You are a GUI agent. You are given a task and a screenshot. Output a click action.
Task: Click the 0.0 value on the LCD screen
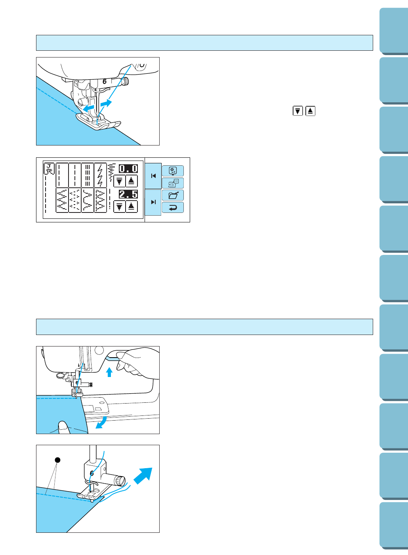(x=128, y=168)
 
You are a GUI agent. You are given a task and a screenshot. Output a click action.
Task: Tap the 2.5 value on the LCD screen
(x=128, y=194)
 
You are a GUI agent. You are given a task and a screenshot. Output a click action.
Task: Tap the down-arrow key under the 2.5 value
(x=119, y=207)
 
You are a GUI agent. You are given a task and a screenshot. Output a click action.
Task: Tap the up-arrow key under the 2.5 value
(x=132, y=207)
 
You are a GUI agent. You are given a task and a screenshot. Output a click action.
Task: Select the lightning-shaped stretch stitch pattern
(x=100, y=175)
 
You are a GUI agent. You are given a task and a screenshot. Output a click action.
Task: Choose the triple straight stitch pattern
(x=88, y=175)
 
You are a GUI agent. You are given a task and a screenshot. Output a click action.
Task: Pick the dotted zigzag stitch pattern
(x=75, y=200)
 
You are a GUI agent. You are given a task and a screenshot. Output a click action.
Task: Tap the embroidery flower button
(x=173, y=171)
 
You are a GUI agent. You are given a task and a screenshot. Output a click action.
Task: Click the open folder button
(x=173, y=195)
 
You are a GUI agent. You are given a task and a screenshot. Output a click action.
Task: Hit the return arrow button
(x=173, y=207)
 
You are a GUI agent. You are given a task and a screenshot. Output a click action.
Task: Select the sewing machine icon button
(x=173, y=183)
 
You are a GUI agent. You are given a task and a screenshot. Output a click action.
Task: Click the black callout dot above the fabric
(x=57, y=460)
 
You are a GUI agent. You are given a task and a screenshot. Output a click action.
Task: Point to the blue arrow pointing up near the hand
(x=109, y=372)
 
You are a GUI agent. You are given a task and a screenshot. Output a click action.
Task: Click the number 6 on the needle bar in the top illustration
(x=105, y=82)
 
